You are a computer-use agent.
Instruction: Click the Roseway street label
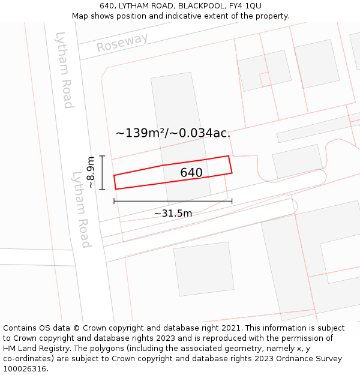[122, 43]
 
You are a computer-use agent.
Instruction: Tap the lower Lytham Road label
[81, 209]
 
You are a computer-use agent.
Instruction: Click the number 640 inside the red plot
[191, 173]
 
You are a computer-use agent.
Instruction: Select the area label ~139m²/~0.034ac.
[173, 133]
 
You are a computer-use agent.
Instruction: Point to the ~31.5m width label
[173, 214]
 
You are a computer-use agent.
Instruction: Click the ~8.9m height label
[90, 172]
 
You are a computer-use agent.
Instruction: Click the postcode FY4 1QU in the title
[245, 6]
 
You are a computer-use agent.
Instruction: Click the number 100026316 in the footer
[25, 369]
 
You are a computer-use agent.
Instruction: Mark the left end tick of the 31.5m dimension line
[114, 201]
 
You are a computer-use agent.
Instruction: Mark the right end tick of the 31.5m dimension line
[232, 201]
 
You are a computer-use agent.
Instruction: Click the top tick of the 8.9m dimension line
[102, 156]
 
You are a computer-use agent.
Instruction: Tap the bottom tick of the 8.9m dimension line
[102, 189]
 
